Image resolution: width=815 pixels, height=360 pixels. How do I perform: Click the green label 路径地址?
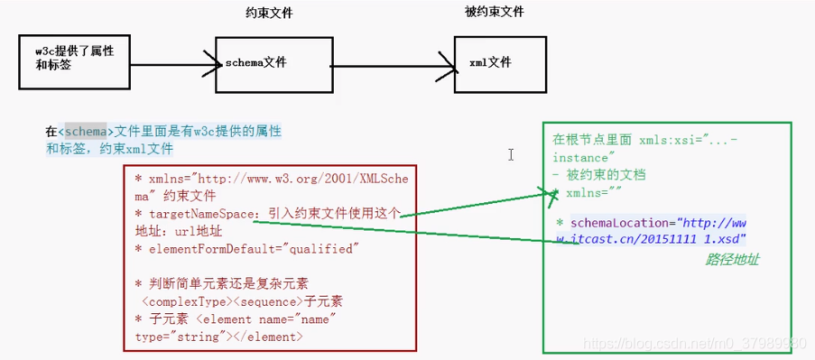tap(732, 260)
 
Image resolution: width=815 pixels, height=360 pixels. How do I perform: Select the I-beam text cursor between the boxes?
tap(511, 155)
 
